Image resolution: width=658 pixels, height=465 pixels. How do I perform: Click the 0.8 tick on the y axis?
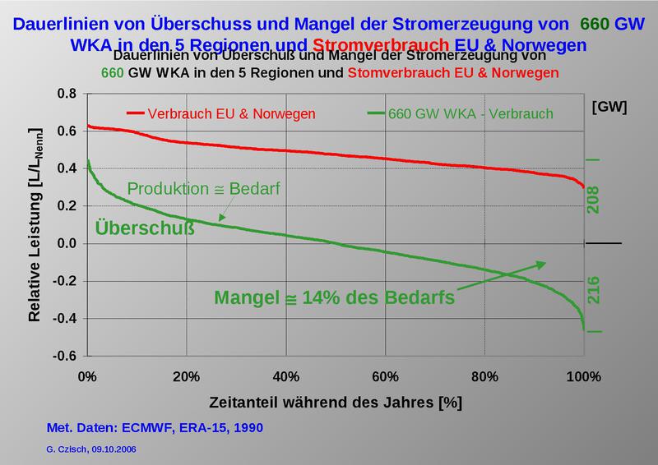(66, 94)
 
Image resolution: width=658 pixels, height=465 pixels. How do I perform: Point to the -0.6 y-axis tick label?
(64, 356)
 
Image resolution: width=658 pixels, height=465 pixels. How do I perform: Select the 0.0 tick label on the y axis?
(66, 244)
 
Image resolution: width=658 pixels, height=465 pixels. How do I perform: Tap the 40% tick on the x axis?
(285, 377)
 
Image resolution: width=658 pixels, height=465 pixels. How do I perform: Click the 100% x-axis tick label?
(583, 377)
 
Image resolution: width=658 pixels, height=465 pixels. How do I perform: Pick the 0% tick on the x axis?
(87, 377)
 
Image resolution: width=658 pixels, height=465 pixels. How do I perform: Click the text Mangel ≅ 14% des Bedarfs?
(334, 297)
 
